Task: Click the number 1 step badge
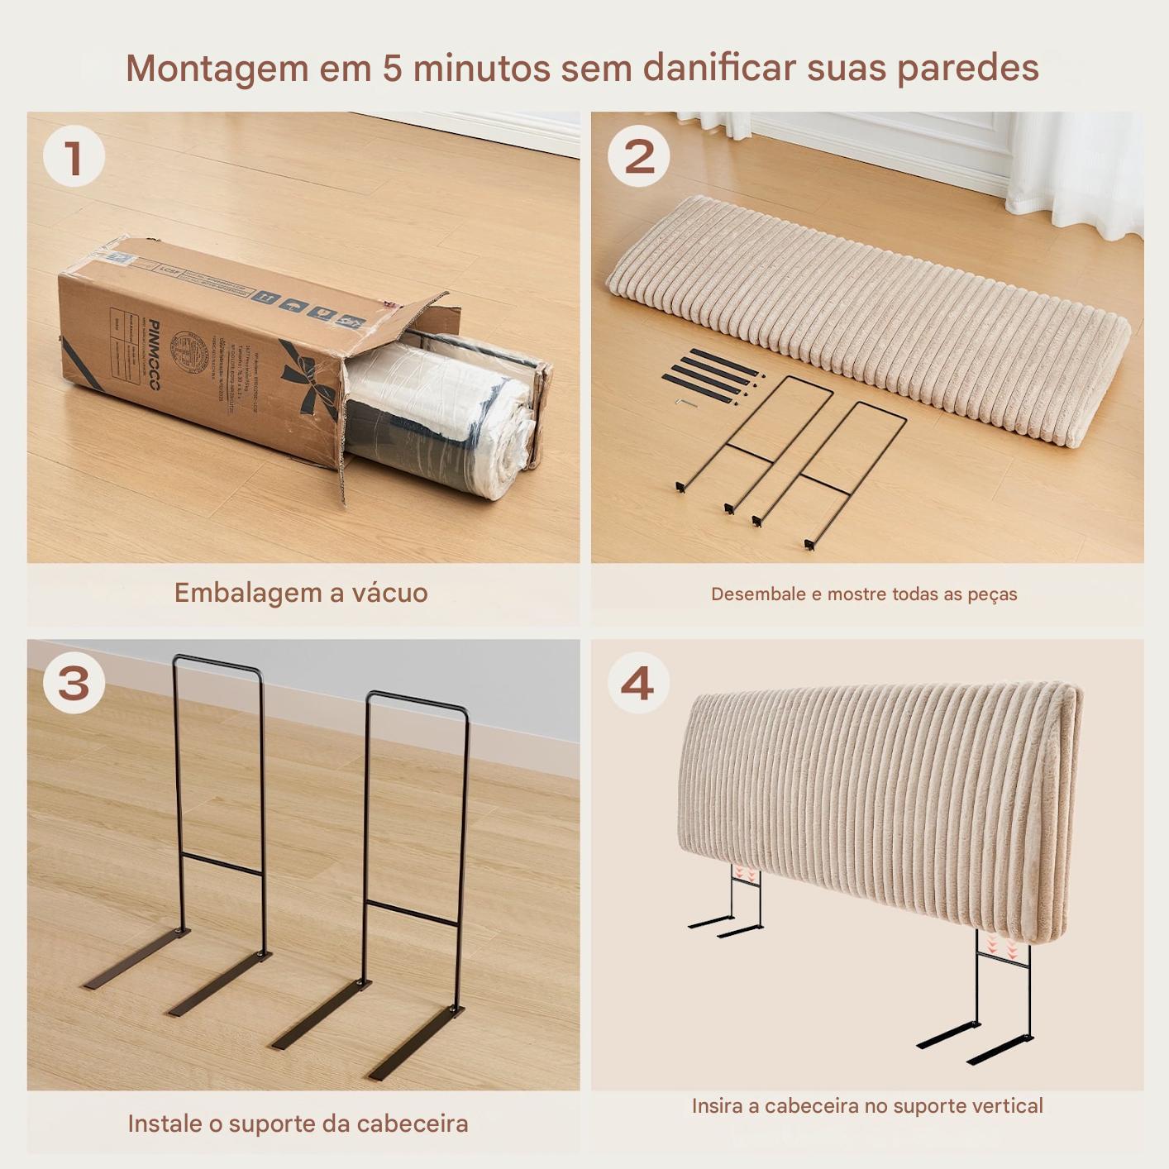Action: coord(74,156)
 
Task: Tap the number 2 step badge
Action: coord(638,156)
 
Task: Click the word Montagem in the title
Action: coord(217,68)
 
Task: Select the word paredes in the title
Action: coord(968,68)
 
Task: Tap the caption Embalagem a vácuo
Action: coord(301,593)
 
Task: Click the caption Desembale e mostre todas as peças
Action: coord(864,594)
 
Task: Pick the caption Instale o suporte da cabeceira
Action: coord(298,1124)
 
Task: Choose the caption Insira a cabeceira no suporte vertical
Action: coord(867,1105)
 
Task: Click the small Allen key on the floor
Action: coord(685,402)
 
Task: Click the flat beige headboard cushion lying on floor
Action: coord(868,314)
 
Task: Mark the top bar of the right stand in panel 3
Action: coord(417,699)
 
